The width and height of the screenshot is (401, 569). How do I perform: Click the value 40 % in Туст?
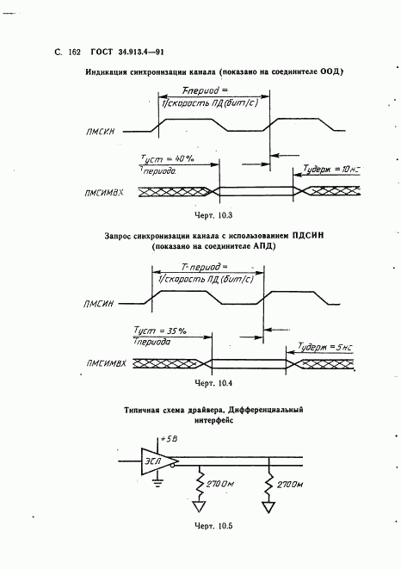183,159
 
